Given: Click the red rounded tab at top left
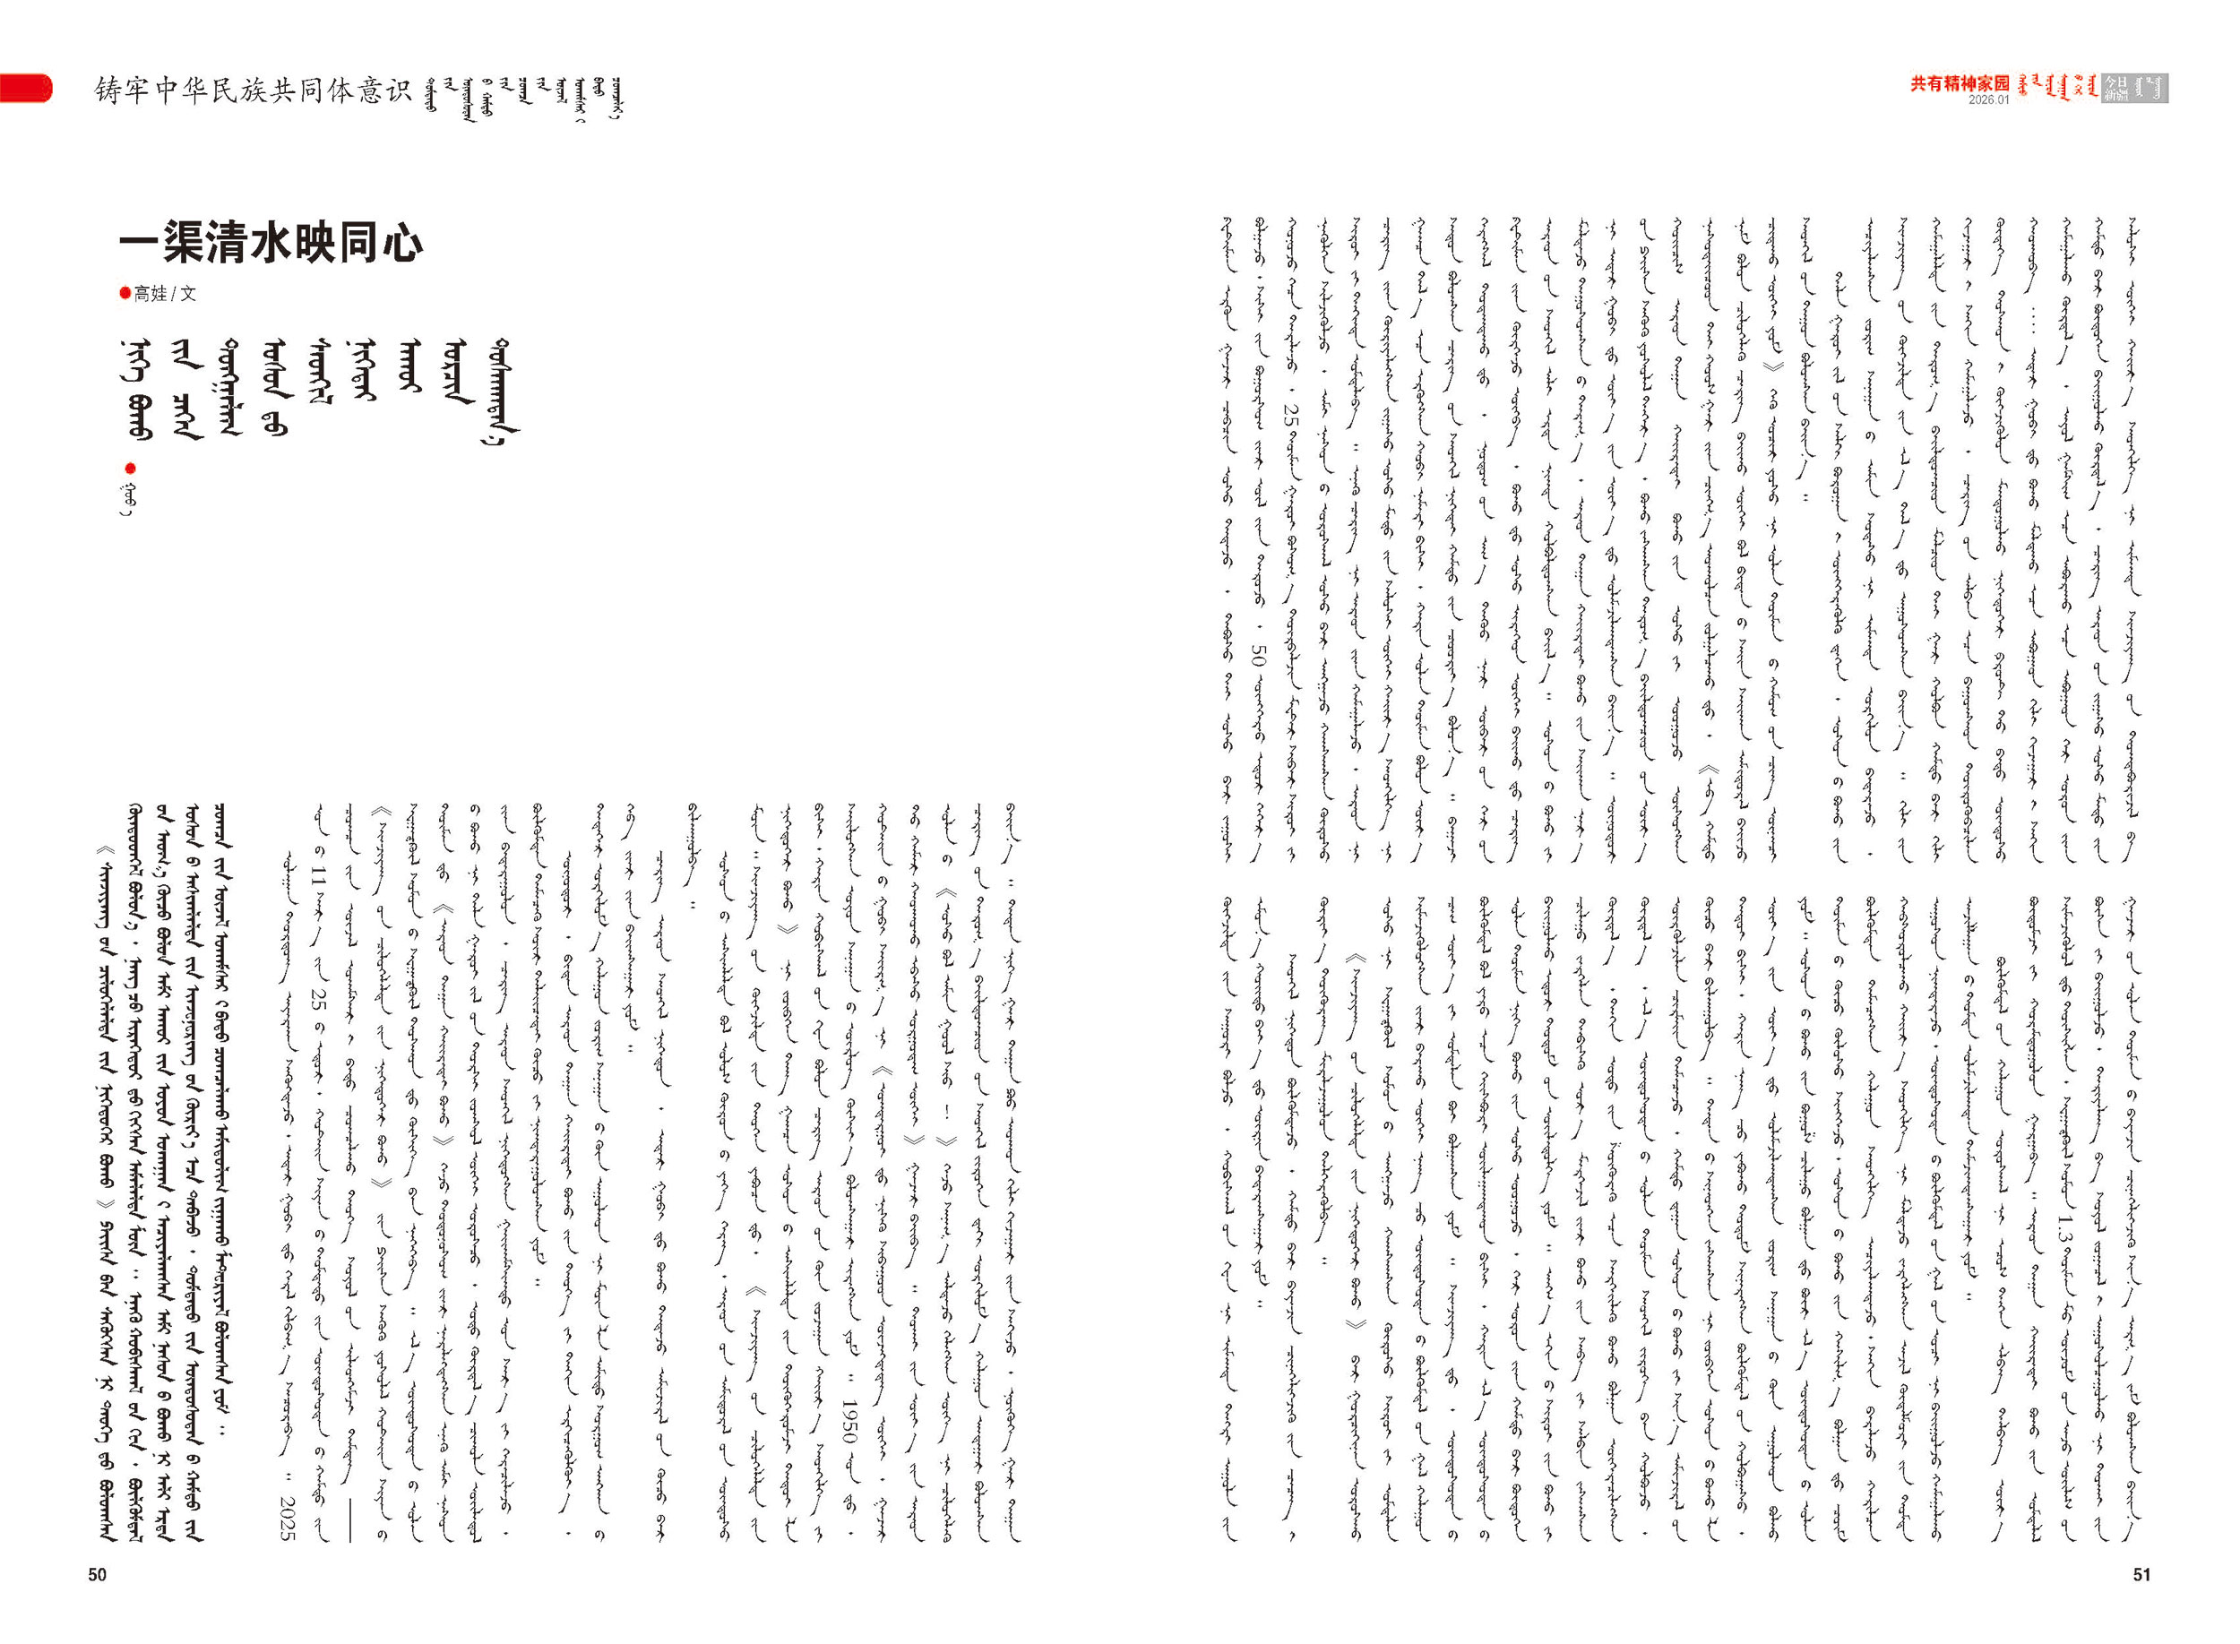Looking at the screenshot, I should click(25, 88).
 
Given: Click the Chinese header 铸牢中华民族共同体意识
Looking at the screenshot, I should click(253, 90).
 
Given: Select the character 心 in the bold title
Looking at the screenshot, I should click(402, 244).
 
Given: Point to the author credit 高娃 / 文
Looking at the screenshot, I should click(165, 294).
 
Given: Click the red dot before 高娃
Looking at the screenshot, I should click(125, 293).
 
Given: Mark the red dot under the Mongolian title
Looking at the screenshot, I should click(130, 468).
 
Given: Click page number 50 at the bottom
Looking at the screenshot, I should click(97, 1574).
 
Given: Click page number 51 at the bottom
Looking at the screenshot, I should click(2142, 1574).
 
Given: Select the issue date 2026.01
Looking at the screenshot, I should click(1989, 100).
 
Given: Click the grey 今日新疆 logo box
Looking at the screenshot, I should click(2133, 88).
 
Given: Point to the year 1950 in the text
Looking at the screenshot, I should click(849, 1423).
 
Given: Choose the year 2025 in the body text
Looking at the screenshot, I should click(288, 1518).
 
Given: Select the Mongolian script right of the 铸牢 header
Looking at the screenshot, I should click(523, 98).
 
